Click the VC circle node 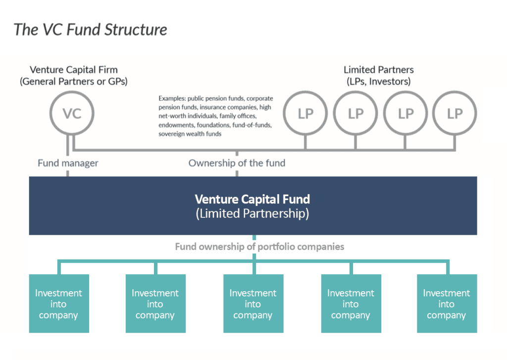click(x=72, y=113)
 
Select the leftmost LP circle click(x=305, y=113)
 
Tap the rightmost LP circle click(x=455, y=113)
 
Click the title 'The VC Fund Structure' click(x=91, y=29)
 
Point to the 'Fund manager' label click(x=68, y=162)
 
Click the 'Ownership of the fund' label click(x=237, y=162)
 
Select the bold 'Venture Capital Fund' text click(x=253, y=199)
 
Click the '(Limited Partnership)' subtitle click(x=253, y=214)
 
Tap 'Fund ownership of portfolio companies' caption click(x=259, y=246)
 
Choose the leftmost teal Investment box click(x=58, y=304)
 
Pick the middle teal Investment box click(x=253, y=304)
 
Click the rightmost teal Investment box click(x=447, y=304)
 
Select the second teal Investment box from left click(x=155, y=304)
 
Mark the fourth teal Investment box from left click(x=351, y=304)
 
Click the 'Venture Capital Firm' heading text click(x=74, y=70)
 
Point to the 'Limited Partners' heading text click(x=379, y=70)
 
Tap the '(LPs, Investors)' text click(x=379, y=81)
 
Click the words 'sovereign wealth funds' click(x=190, y=134)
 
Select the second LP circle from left click(x=355, y=113)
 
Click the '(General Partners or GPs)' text click(x=74, y=81)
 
